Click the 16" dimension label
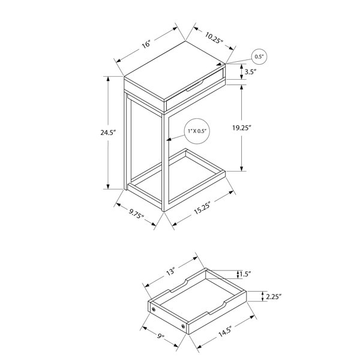tap(146, 44)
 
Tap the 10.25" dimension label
tap(214, 38)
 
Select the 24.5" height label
tap(107, 133)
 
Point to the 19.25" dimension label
tap(242, 128)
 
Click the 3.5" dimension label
tap(250, 72)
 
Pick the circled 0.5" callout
tap(259, 56)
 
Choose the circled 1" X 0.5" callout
tap(197, 131)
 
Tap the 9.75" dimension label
tap(136, 214)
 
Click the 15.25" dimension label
tap(202, 208)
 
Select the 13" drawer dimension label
tap(170, 272)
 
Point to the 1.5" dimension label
tap(245, 274)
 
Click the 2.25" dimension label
tap(274, 297)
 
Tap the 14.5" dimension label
tap(224, 331)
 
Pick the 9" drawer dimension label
tap(161, 336)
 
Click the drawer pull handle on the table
tap(194, 86)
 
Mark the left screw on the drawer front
tap(154, 310)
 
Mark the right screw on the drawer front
tap(183, 326)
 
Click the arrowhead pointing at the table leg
tap(169, 139)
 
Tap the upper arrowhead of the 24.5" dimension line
tap(108, 79)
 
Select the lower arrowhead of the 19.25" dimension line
tap(242, 168)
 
